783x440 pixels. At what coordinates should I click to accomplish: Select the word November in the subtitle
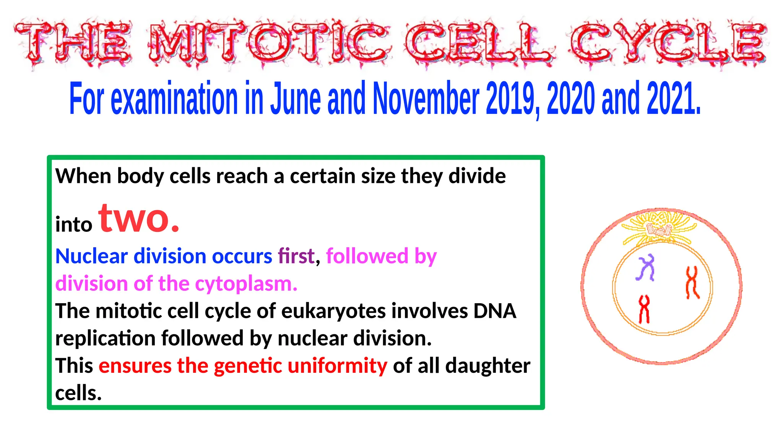(426, 99)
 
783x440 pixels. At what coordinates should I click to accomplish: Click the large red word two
(138, 218)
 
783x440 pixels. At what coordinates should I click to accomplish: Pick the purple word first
(296, 256)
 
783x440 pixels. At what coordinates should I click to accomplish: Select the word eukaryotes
(333, 311)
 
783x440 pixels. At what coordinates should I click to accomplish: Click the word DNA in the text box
(495, 311)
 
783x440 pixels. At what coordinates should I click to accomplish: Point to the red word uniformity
(337, 366)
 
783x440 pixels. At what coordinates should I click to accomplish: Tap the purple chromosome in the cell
(646, 268)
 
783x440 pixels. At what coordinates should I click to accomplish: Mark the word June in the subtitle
(295, 99)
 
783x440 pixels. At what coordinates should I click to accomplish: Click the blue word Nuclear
(91, 256)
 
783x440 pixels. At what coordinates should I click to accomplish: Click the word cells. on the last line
(78, 393)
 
